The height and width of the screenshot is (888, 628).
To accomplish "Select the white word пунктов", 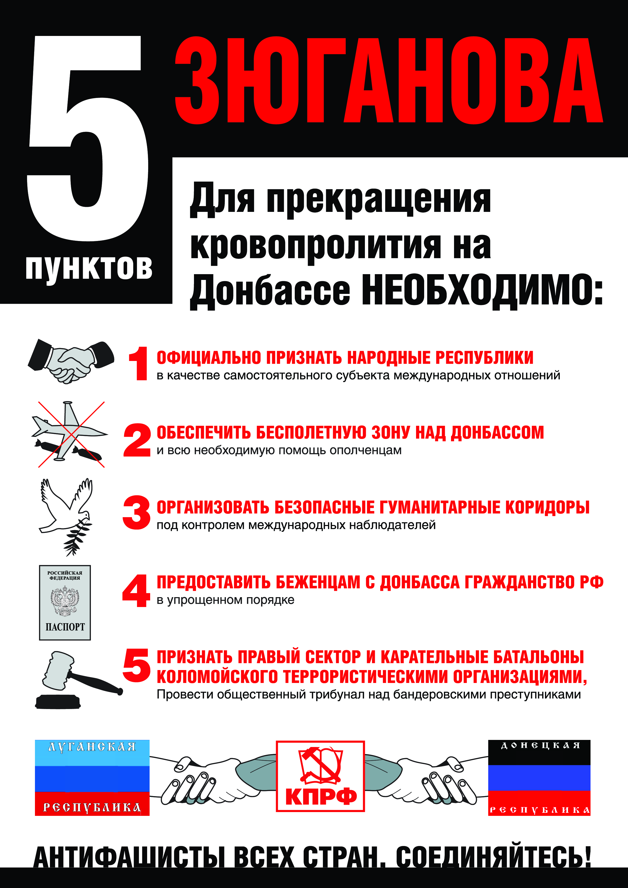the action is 89,268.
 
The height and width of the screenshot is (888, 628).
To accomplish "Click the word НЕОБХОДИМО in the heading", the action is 476,291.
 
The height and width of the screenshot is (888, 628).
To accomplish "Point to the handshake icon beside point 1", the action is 71,361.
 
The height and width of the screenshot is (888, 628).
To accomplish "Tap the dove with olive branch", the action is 66,517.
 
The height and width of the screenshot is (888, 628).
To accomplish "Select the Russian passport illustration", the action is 65,602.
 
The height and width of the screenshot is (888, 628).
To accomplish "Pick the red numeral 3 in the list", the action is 136,513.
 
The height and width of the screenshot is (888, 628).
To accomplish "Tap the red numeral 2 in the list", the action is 137,440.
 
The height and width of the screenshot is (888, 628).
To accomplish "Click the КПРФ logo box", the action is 320,776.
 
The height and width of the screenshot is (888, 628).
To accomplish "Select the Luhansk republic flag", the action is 92,778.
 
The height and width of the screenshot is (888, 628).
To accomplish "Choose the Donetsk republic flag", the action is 539,778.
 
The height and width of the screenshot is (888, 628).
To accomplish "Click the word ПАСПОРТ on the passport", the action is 65,627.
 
